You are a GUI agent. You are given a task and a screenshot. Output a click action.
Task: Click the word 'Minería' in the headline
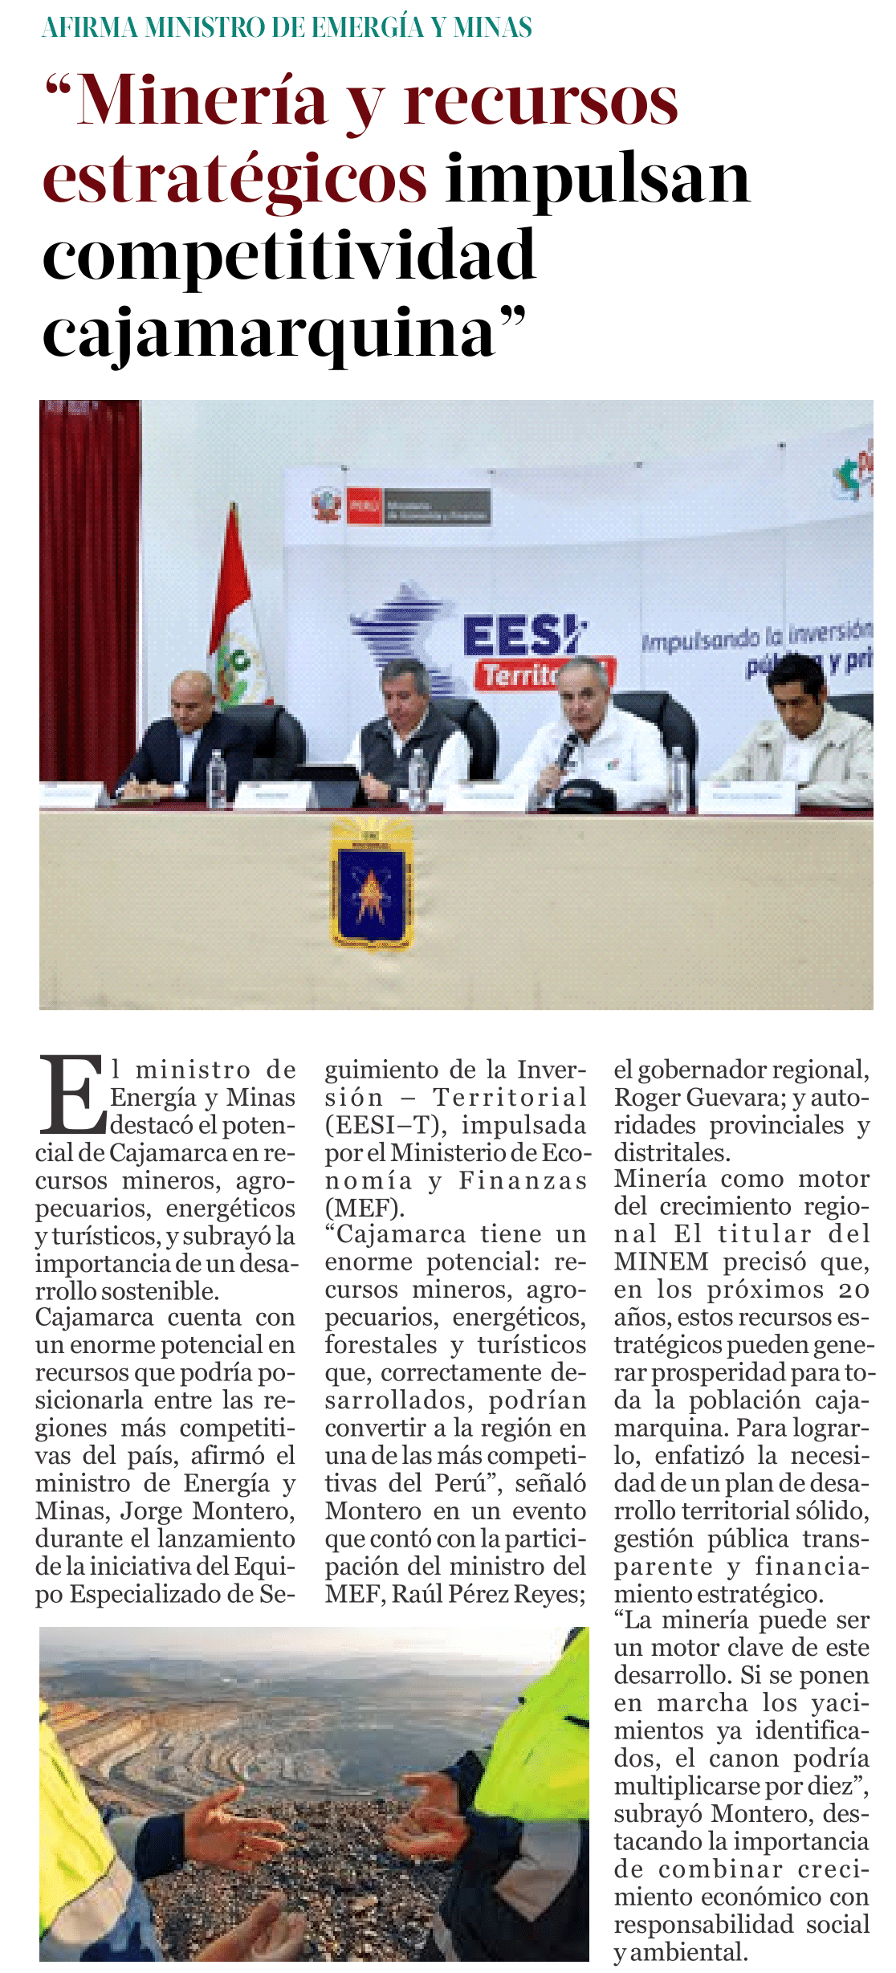pyautogui.click(x=202, y=102)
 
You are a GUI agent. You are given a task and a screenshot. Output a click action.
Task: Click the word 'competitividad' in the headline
pyautogui.click(x=288, y=255)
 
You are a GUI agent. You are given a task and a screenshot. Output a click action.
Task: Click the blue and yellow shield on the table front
pyautogui.click(x=371, y=883)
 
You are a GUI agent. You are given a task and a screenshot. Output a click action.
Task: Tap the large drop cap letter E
pyautogui.click(x=71, y=1094)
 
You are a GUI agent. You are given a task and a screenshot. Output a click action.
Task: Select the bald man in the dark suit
pyautogui.click(x=191, y=735)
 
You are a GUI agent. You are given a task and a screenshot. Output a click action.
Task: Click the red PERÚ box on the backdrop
pyautogui.click(x=364, y=507)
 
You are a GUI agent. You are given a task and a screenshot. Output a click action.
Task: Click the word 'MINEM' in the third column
pyautogui.click(x=661, y=1262)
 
